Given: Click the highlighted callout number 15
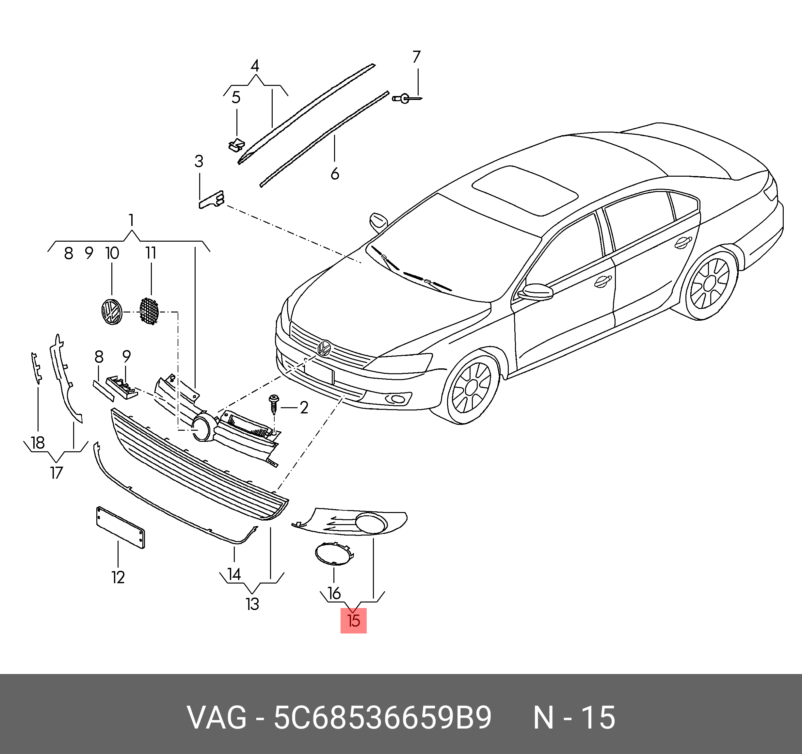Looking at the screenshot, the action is coord(353,620).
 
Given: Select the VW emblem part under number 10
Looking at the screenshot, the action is coord(111,312).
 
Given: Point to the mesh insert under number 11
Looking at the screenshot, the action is coord(149,311).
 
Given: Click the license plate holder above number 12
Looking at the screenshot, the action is coord(120,527).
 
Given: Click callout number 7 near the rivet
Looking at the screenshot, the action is coord(417,57).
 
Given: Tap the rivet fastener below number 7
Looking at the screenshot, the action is coord(405,98).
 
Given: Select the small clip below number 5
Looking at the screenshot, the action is coord(236,144).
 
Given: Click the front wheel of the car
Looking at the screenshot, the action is coord(471,388).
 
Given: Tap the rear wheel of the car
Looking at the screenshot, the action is coord(710,283).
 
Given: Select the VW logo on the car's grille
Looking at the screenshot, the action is coord(324,348).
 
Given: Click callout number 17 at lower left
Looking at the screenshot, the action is coord(56,473).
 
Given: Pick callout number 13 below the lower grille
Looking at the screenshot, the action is coord(252,604).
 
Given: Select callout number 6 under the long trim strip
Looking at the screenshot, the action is coord(335,174).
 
